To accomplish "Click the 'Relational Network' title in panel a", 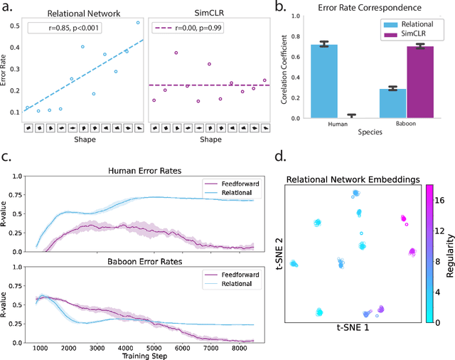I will click(x=83, y=12).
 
